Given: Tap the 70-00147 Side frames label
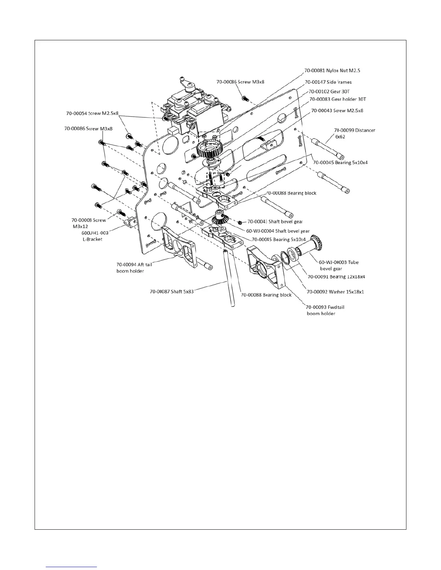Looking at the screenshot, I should pyautogui.click(x=328, y=82).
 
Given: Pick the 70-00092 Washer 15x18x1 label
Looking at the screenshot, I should pyautogui.click(x=335, y=291).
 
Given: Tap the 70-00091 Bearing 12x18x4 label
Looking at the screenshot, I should pyautogui.click(x=336, y=277).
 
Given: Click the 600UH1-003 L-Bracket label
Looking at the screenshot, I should pyautogui.click(x=95, y=236).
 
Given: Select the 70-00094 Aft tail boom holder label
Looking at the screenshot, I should pyautogui.click(x=134, y=267).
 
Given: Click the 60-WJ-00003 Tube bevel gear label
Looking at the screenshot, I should pyautogui.click(x=338, y=265).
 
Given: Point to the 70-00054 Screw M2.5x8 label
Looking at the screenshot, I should pyautogui.click(x=92, y=113).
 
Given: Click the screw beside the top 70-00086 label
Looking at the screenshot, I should pyautogui.click(x=245, y=98).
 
